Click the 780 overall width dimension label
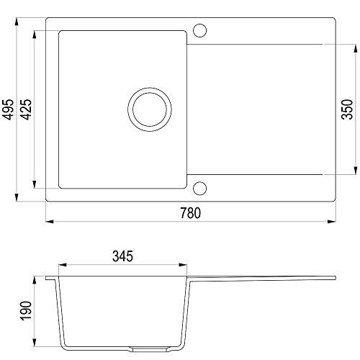pos(189,212)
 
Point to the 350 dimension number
pos(347,109)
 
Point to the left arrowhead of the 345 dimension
pos(60,264)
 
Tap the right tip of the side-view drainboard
pos(336,277)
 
